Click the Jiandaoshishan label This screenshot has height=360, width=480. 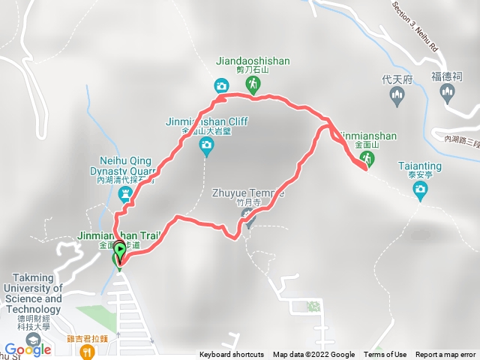254,62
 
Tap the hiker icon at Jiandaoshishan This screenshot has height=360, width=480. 254,84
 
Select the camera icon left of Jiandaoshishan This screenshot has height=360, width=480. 221,85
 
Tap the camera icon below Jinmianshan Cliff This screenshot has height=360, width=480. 206,148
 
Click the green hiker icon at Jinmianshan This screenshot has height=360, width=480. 367,157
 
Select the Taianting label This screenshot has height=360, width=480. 420,166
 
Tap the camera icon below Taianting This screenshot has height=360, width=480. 420,187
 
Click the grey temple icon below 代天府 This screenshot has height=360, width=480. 397,94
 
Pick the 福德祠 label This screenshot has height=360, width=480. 448,76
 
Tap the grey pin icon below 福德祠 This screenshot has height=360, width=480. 448,93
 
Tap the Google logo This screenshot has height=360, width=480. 28,349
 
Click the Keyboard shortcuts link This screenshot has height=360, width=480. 232,355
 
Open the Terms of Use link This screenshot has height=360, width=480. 385,355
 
